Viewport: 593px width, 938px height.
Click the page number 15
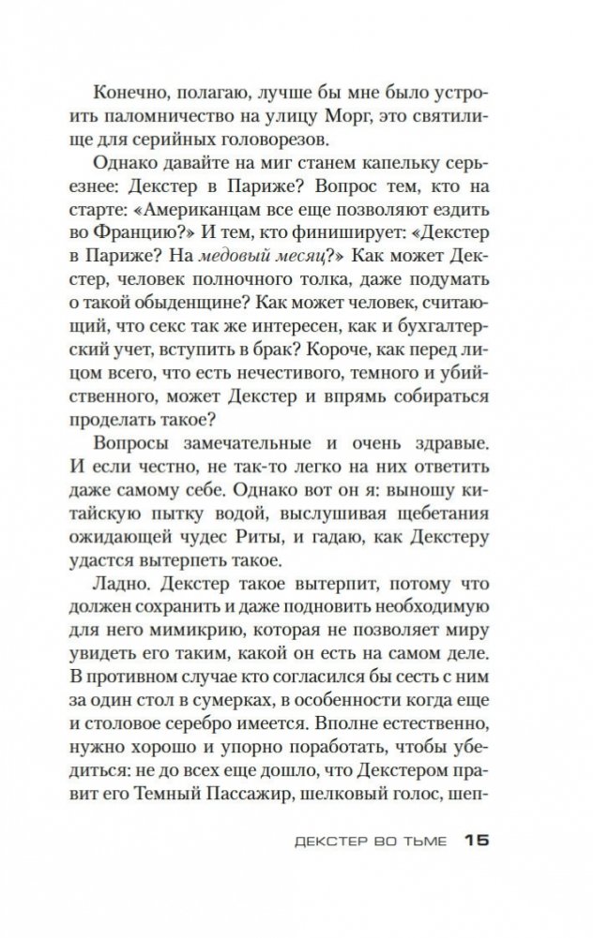pos(477,840)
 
